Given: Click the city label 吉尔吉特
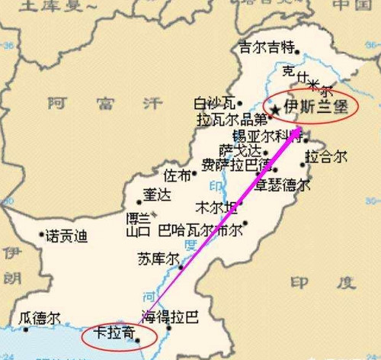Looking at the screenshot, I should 267,47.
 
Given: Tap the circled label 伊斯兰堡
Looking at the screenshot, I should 312,108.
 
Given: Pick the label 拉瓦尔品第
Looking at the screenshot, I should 232,120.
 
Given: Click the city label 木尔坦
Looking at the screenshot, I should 215,207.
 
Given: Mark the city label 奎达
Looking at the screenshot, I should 157,195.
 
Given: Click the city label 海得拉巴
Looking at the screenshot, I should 169,316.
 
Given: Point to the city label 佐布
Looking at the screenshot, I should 178,175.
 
